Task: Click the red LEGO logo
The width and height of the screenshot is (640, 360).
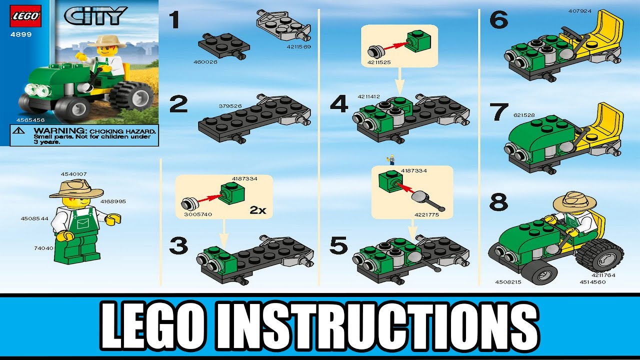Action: pos(24,16)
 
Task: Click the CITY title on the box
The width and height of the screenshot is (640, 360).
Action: pos(95,15)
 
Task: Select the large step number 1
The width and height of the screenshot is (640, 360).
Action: pos(173,21)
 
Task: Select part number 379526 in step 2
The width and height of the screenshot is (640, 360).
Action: pos(230,105)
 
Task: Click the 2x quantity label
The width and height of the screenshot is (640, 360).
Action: pos(257,210)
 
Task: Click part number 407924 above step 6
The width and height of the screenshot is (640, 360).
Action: pos(580,10)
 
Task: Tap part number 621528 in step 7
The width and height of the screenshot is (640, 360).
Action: pos(524,115)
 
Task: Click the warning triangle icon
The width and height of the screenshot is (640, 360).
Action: pos(19,130)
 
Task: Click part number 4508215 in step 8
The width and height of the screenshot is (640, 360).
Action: pos(507,281)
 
